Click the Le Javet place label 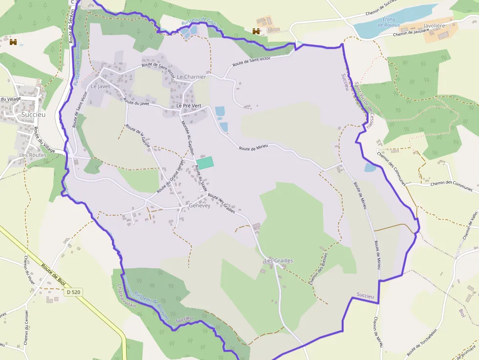(x=101, y=86)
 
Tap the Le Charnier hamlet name (x=191, y=77)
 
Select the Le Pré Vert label (x=189, y=106)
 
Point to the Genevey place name (x=199, y=206)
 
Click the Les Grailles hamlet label (x=278, y=261)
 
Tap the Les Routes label (x=33, y=155)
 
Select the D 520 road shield (x=73, y=292)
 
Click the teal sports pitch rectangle (x=205, y=163)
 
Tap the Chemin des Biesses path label (x=318, y=268)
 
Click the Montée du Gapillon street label (x=188, y=139)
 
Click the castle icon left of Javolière (x=256, y=31)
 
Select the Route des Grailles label (x=221, y=203)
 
